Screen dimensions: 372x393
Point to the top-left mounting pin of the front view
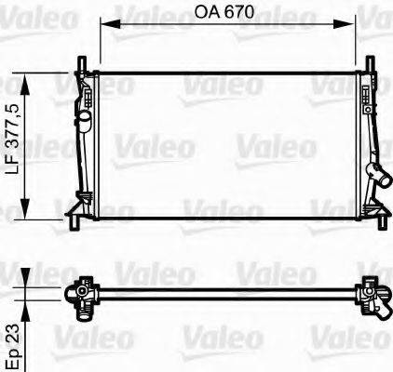[82, 64]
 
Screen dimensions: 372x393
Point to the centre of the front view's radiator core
[226, 144]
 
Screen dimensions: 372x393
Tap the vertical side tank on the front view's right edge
[367, 139]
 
